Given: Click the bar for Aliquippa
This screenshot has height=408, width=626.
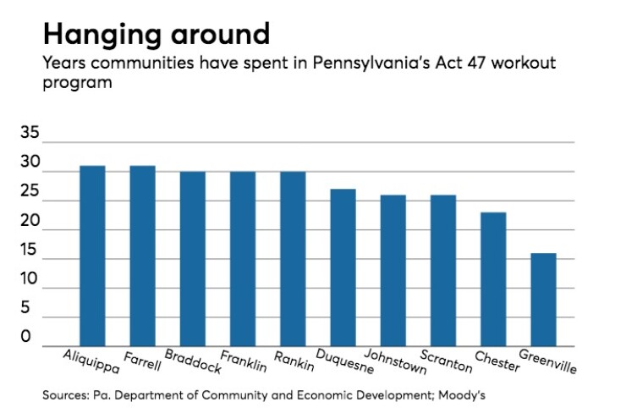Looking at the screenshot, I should tap(92, 256).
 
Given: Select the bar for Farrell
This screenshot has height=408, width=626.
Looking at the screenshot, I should tap(142, 256).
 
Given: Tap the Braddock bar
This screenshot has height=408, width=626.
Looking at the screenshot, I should tap(192, 258).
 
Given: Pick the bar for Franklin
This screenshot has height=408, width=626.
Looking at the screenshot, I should tap(243, 258).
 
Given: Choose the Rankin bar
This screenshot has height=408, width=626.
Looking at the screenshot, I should tap(293, 258).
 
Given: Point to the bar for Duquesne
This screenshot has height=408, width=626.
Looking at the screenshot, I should tap(343, 267).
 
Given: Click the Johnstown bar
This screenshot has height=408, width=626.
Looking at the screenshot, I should tap(393, 270).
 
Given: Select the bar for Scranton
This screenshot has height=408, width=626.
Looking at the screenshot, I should tap(443, 270).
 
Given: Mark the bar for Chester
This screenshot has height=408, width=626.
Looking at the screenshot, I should tap(493, 278).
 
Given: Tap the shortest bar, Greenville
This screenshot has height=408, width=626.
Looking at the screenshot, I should tap(543, 299).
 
